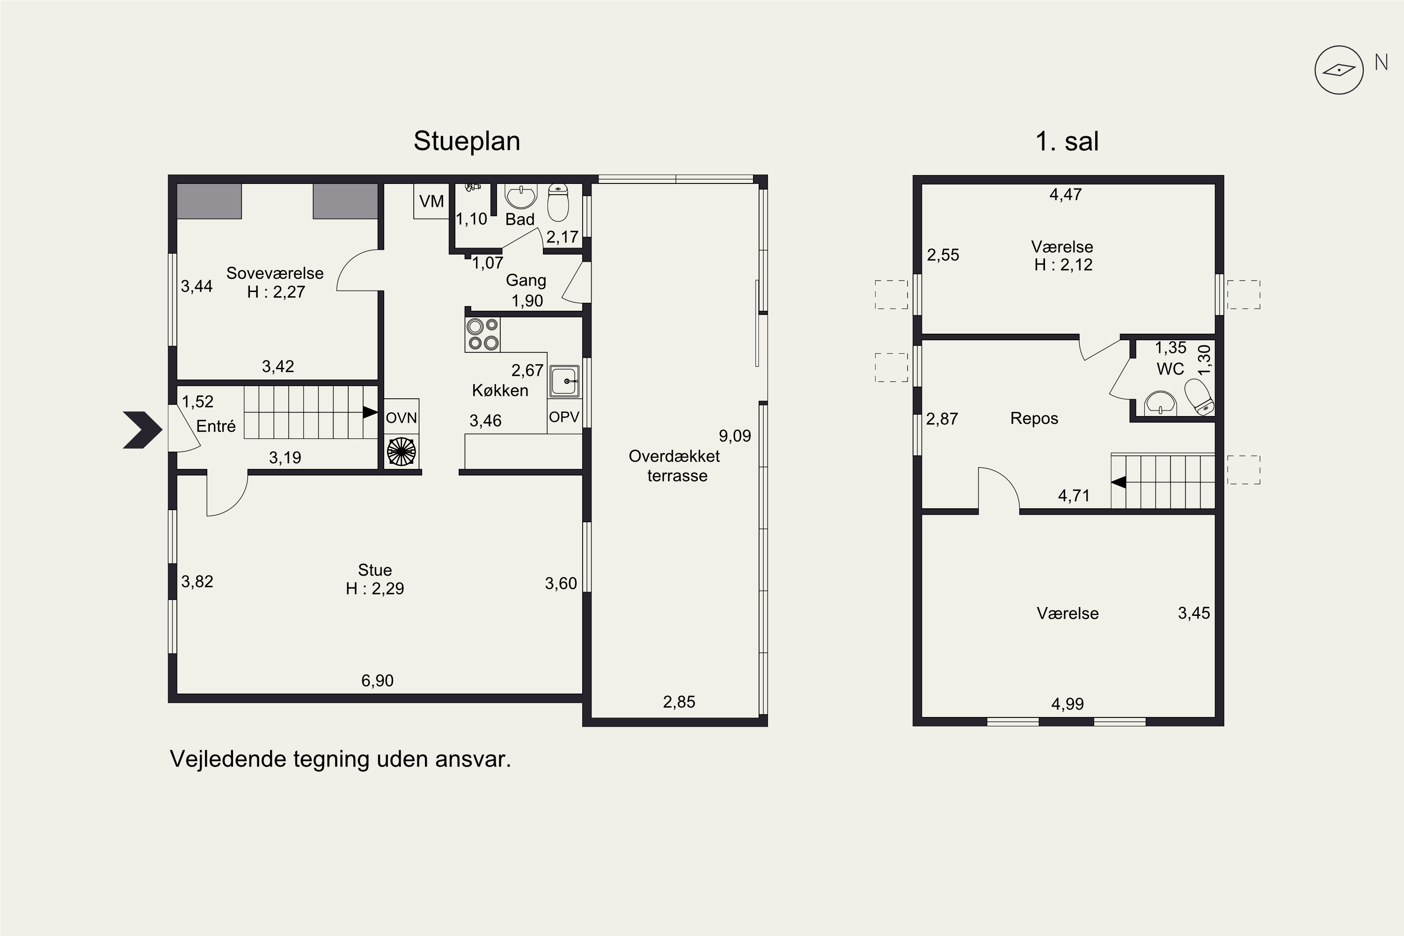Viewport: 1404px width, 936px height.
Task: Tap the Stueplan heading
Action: [x=467, y=141]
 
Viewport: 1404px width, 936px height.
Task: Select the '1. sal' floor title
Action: [x=1067, y=141]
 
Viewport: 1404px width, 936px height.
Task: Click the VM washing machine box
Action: [x=431, y=201]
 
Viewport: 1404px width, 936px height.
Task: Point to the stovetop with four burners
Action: [x=483, y=334]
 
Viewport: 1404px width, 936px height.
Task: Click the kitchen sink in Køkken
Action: [x=564, y=381]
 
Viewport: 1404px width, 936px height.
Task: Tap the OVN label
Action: [x=401, y=418]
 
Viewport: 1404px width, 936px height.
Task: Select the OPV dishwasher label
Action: [x=564, y=417]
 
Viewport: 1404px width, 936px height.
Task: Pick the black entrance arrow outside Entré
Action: [x=143, y=429]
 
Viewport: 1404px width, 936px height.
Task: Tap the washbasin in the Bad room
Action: [x=521, y=195]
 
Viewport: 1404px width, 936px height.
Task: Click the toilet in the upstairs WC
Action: [x=1199, y=397]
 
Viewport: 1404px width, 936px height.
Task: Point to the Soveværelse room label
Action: [x=275, y=273]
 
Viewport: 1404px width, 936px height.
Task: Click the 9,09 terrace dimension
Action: [x=735, y=436]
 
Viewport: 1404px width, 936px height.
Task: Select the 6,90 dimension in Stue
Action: [x=377, y=680]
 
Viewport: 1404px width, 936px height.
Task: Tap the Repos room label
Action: [x=1034, y=418]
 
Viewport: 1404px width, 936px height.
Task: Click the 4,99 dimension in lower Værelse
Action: [x=1068, y=704]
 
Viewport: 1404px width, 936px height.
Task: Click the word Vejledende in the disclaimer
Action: [x=228, y=759]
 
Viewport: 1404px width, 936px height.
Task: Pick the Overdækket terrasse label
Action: [x=674, y=466]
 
